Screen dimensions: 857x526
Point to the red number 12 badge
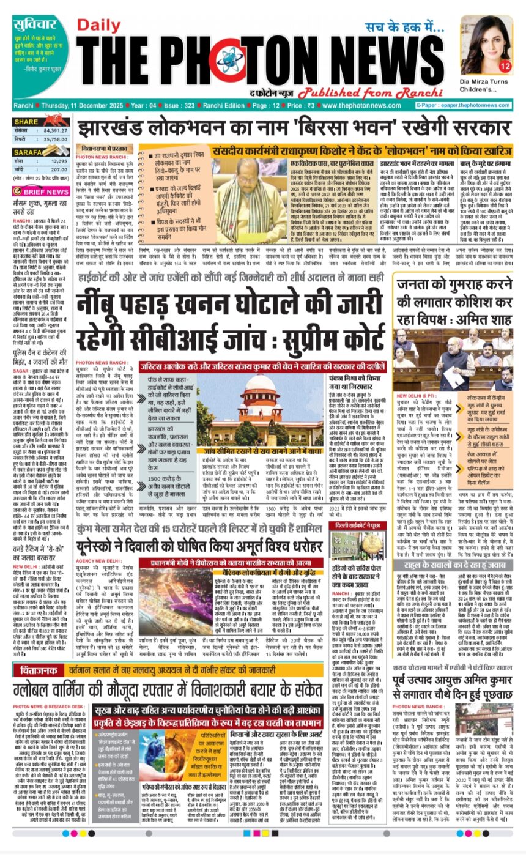click(x=505, y=65)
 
